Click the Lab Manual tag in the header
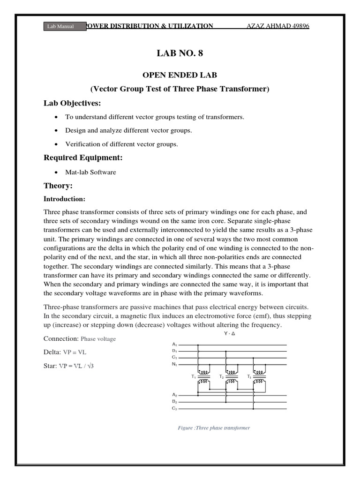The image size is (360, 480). [x=60, y=27]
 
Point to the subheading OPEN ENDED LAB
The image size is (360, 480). [x=180, y=75]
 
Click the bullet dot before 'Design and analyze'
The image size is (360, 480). [x=56, y=131]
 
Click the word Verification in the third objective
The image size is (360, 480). [x=82, y=144]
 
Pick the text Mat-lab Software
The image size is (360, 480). [x=90, y=172]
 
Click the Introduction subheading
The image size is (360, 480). [x=64, y=199]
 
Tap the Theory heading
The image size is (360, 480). [x=58, y=186]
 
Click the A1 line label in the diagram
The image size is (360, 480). [x=174, y=345]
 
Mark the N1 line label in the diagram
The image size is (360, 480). [x=174, y=364]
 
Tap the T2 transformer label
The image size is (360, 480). [x=221, y=377]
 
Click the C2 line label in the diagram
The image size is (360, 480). [x=174, y=409]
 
